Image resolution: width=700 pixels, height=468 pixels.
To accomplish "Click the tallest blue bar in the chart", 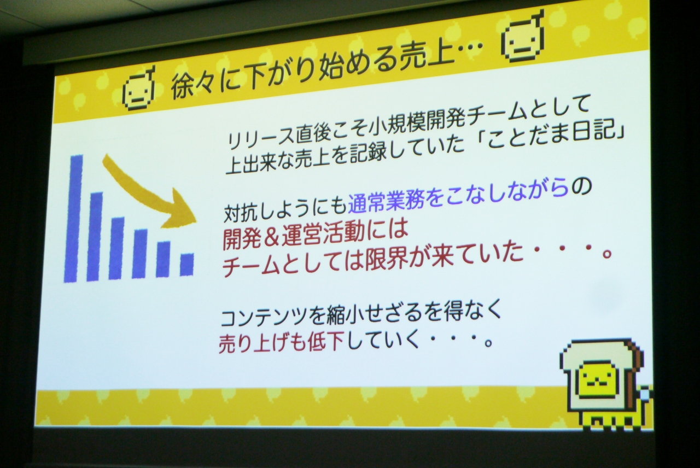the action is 73,219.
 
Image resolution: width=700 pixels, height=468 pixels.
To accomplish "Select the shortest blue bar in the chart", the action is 187,265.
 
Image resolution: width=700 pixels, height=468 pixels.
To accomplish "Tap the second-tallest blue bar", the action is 95,237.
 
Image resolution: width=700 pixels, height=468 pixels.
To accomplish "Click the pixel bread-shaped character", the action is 605,385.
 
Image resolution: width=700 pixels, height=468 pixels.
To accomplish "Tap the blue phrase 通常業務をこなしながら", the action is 458,198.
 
